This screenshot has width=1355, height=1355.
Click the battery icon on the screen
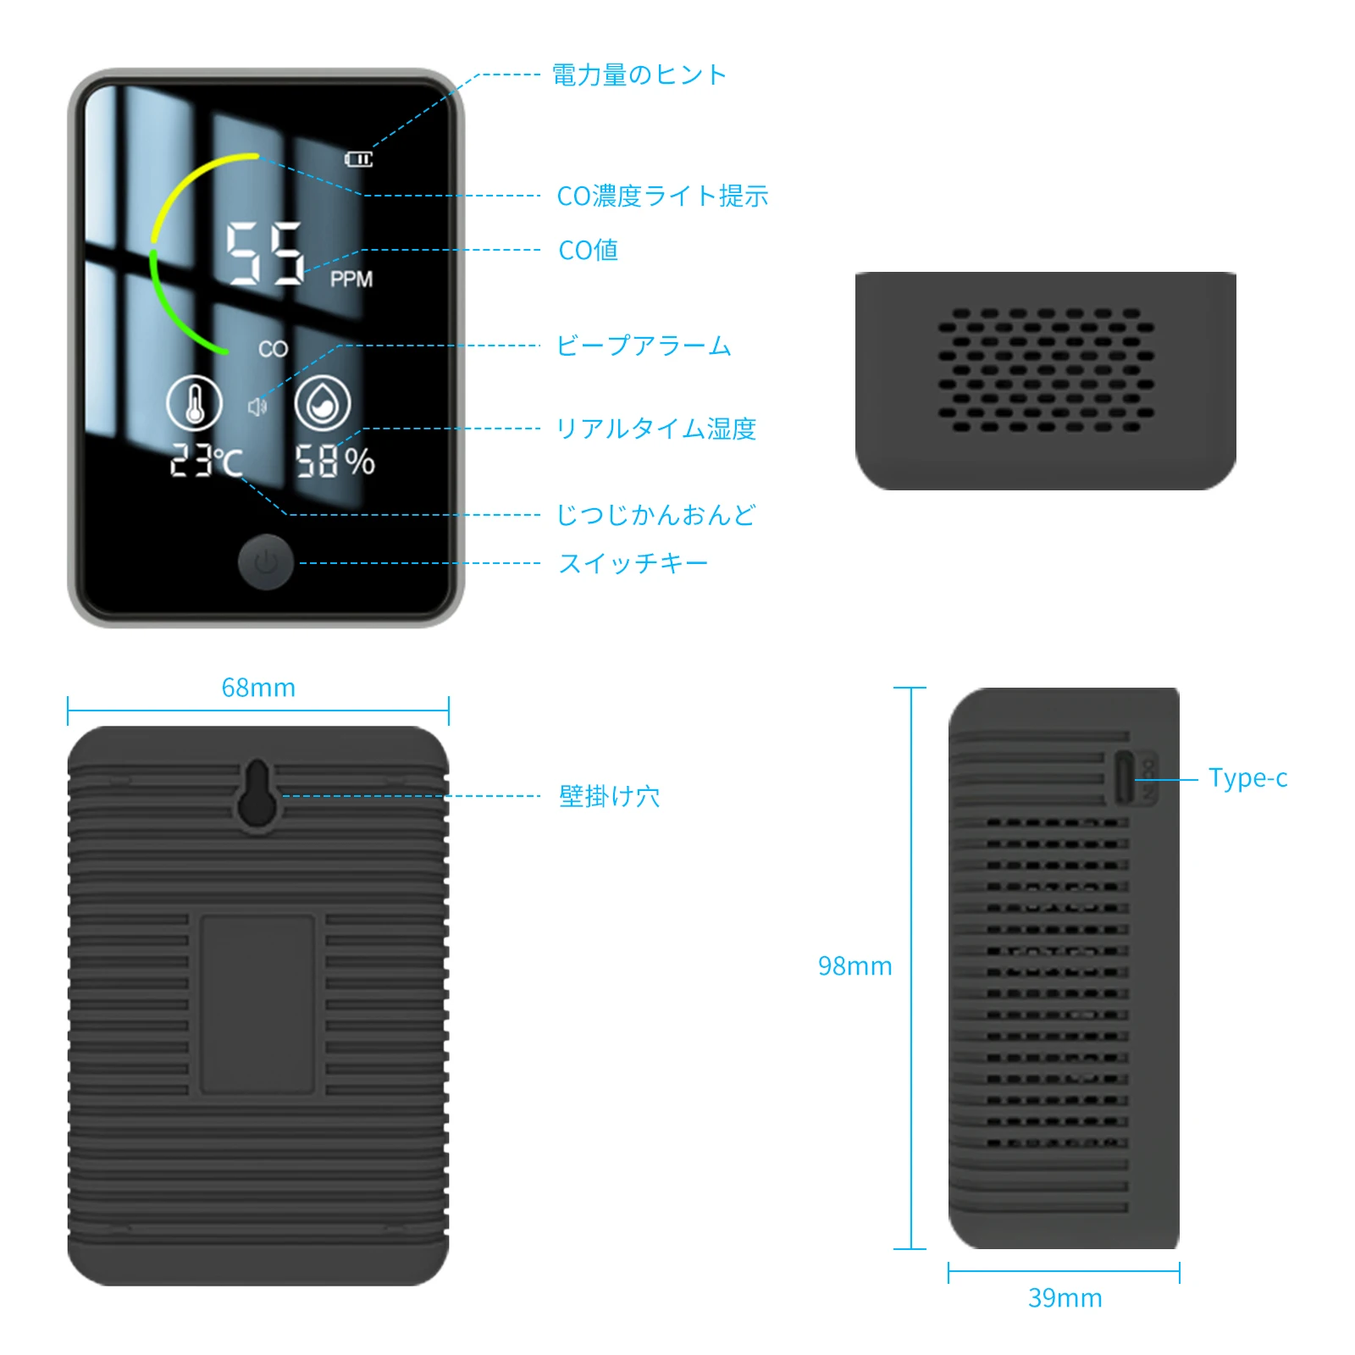pos(358,159)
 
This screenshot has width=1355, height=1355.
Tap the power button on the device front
pos(266,561)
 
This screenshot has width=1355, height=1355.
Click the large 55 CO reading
pos(264,253)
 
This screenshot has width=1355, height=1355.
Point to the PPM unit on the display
pos(351,279)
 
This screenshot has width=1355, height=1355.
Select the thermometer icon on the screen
pos(195,403)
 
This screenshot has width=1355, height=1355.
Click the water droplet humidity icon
pos(323,403)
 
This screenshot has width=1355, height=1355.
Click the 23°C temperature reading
pos(207,462)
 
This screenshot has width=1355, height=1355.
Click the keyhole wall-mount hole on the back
pos(257,794)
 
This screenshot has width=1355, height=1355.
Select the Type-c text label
pos(1247,778)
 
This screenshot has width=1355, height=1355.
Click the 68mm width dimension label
pos(258,688)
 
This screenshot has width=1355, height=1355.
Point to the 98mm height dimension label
pos(854,966)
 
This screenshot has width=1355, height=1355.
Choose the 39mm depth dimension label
pos(1065,1298)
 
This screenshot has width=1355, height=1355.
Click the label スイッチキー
pos(633,563)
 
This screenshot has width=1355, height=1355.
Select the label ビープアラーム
pos(644,346)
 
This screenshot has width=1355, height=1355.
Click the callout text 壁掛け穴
pos(609,796)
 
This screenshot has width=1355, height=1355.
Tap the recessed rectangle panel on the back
pos(257,1004)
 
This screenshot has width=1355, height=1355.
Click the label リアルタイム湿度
pos(655,429)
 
